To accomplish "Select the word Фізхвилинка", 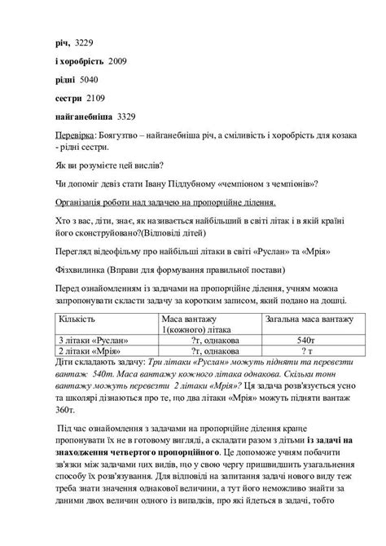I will point(84,267).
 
